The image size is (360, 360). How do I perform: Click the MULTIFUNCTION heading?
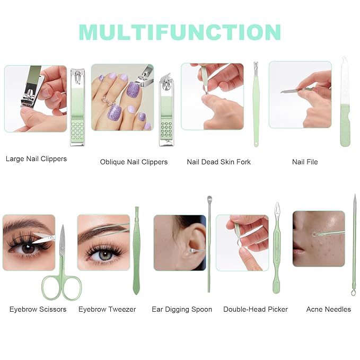click(180, 32)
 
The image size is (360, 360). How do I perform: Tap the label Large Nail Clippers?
click(36, 159)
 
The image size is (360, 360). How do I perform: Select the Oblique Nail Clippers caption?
click(134, 162)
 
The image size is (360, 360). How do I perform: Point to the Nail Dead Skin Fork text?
click(218, 162)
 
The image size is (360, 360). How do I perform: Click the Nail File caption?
click(305, 162)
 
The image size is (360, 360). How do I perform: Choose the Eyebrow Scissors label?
click(38, 309)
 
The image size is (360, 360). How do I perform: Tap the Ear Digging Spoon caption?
click(182, 310)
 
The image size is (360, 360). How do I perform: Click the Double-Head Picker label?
click(256, 309)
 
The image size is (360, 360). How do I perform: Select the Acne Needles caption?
click(329, 309)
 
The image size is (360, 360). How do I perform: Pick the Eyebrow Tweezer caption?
click(107, 309)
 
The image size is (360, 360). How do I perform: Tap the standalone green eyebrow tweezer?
click(136, 250)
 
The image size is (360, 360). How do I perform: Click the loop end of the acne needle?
click(353, 293)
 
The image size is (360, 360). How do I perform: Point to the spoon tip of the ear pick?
click(209, 199)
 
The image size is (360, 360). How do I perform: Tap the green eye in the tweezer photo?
click(106, 256)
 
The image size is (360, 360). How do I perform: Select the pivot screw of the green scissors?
click(62, 248)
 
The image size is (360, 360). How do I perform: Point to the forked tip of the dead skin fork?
click(256, 65)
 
